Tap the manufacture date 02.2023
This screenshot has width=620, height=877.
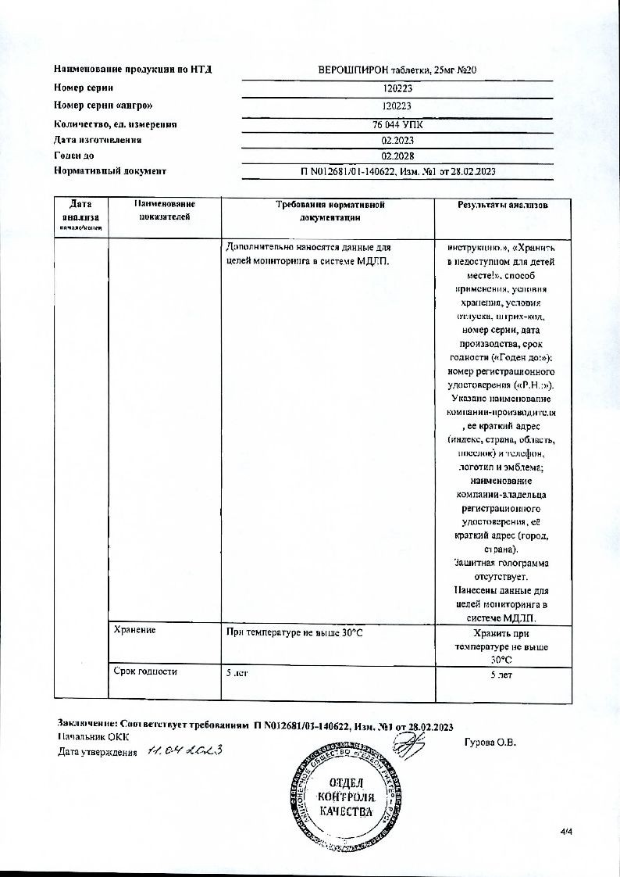(x=397, y=140)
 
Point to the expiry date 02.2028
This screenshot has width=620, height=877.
(x=397, y=156)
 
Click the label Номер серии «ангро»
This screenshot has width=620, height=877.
(x=104, y=106)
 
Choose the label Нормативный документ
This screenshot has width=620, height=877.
(x=110, y=170)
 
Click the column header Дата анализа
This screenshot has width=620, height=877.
(x=80, y=211)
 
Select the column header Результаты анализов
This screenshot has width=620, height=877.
(x=502, y=205)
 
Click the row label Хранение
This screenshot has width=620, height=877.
(x=134, y=630)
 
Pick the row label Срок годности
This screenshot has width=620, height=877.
(x=145, y=671)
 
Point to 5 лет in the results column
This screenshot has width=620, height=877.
(x=501, y=674)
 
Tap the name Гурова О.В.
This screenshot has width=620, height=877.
(x=490, y=743)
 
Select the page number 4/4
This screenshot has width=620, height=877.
(x=567, y=832)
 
